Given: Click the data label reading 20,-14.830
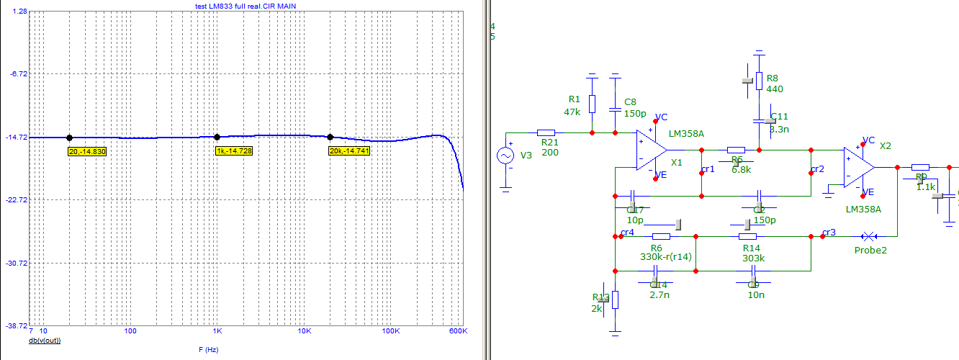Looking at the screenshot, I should (87, 152).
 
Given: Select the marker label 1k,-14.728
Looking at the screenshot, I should (234, 150).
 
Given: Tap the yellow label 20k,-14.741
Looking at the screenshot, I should (349, 150).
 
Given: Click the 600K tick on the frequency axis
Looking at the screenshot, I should (459, 331).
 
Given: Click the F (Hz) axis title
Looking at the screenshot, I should (209, 349).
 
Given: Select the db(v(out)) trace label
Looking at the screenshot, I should (45, 340).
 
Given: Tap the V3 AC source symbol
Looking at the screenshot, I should (506, 156).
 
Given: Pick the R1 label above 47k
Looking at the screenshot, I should (574, 99).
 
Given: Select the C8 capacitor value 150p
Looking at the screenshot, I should (635, 113).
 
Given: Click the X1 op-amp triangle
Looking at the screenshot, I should (651, 150).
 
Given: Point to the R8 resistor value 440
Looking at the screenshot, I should (775, 89).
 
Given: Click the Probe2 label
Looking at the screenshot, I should (869, 251).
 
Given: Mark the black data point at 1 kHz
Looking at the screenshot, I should (217, 137).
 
